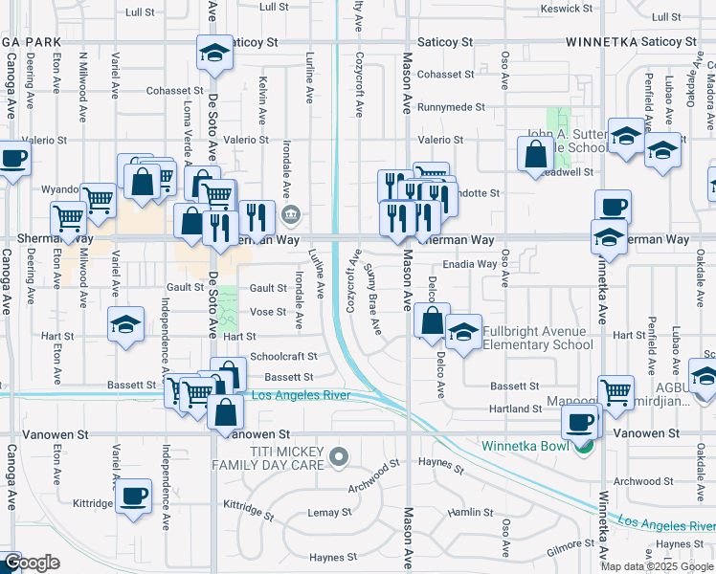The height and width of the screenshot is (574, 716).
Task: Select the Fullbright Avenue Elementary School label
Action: point(537,338)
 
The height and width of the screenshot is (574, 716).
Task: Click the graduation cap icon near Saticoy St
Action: point(215,53)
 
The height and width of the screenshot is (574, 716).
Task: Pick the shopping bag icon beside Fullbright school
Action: point(433,320)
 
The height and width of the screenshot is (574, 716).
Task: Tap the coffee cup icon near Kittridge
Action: point(135,496)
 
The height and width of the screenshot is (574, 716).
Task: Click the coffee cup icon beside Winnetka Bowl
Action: point(580,420)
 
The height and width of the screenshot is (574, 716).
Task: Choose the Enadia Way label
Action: point(469,263)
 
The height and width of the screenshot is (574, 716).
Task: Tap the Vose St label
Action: point(268,312)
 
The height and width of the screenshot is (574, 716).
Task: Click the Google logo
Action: point(31,563)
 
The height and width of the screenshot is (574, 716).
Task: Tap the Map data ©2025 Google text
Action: point(656,566)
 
